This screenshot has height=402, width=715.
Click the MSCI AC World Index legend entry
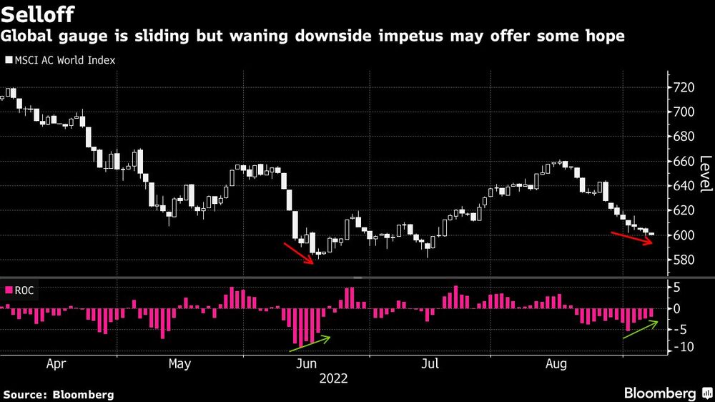pyautogui.click(x=61, y=61)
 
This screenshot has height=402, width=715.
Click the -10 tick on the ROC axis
pyautogui.click(x=682, y=348)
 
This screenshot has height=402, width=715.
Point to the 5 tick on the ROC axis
pyautogui.click(x=676, y=288)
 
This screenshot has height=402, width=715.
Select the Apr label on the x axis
pyautogui.click(x=56, y=364)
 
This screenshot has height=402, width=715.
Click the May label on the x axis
pyautogui.click(x=179, y=364)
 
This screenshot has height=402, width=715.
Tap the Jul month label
pyautogui.click(x=430, y=364)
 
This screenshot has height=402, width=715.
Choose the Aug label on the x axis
pyautogui.click(x=556, y=364)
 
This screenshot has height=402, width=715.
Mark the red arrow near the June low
pyautogui.click(x=299, y=253)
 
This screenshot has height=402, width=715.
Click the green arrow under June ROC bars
pyautogui.click(x=310, y=343)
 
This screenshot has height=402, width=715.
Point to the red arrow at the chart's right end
pyautogui.click(x=632, y=238)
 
